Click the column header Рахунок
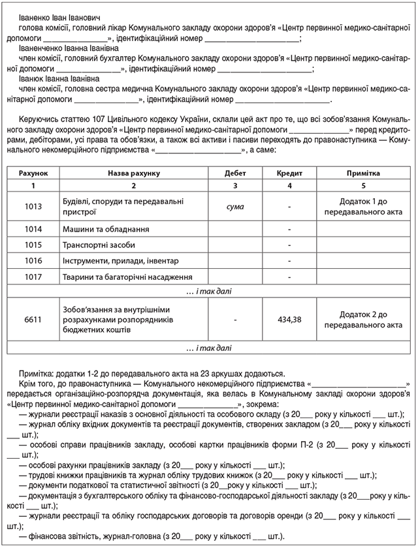pyautogui.click(x=33, y=174)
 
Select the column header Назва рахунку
pyautogui.click(x=133, y=174)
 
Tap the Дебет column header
pyautogui.click(x=235, y=174)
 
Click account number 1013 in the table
pyautogui.click(x=33, y=207)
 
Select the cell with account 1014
pyautogui.click(x=33, y=230)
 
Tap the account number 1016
pyautogui.click(x=33, y=261)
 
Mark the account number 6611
pyautogui.click(x=33, y=320)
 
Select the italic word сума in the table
pyautogui.click(x=235, y=207)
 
